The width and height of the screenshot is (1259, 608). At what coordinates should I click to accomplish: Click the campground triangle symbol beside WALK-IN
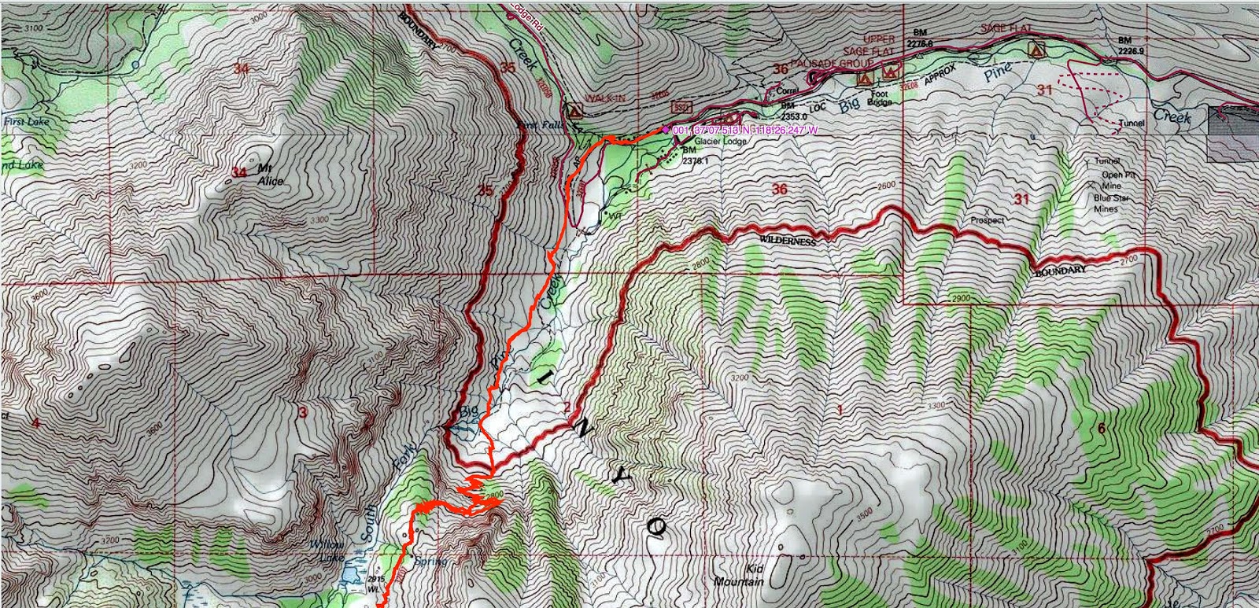[574, 109]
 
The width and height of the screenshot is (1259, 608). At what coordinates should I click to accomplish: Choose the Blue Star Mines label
[1110, 204]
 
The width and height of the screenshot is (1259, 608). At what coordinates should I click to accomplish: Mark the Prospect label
[988, 220]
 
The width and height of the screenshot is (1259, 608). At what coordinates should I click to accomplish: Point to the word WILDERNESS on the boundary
[788, 241]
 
